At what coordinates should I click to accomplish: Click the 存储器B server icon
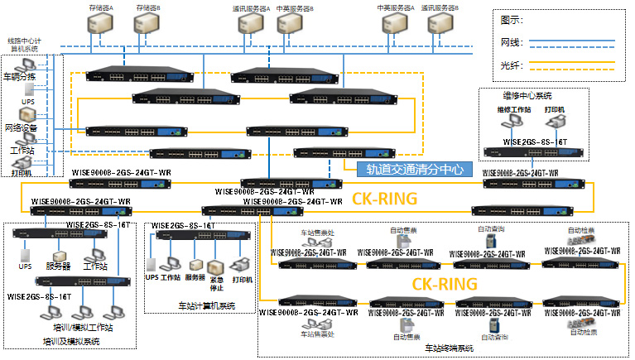pos(147,26)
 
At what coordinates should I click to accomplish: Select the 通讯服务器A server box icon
pos(250,26)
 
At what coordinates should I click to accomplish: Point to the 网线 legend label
pos(511,41)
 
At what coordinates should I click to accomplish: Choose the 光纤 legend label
pos(511,63)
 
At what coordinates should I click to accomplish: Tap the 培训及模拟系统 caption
pos(70,340)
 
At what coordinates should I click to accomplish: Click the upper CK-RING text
pos(386,199)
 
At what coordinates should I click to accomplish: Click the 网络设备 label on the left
pos(21,128)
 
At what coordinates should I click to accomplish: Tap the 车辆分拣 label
pos(21,77)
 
